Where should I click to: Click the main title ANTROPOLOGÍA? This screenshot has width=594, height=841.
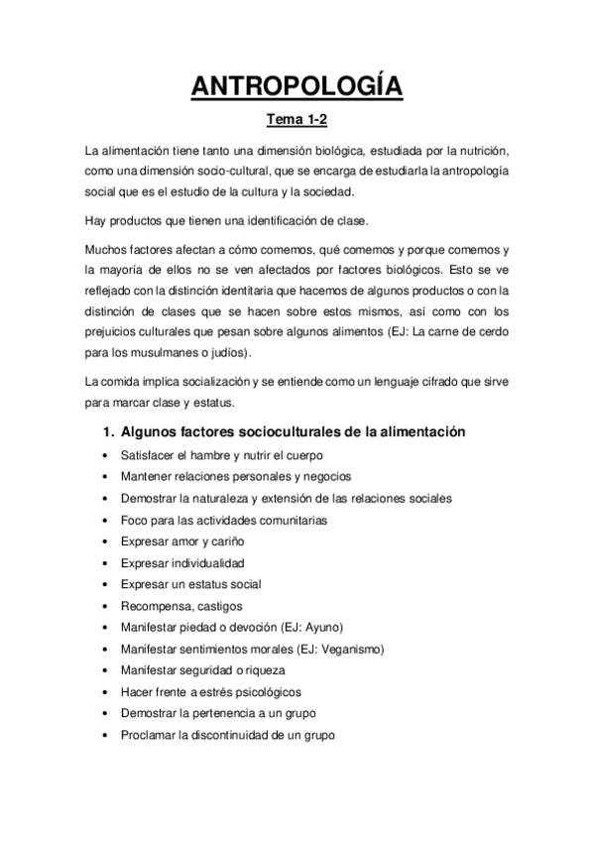(297, 87)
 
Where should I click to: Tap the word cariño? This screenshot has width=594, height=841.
(226, 541)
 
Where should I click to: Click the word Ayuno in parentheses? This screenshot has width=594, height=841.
(323, 628)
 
